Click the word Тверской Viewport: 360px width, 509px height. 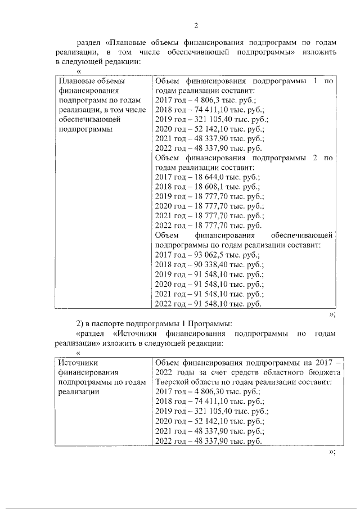coord(171,381)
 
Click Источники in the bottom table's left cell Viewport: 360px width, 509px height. coord(79,362)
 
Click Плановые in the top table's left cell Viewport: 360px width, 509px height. coord(76,82)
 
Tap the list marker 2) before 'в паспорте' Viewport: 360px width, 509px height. coord(80,323)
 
